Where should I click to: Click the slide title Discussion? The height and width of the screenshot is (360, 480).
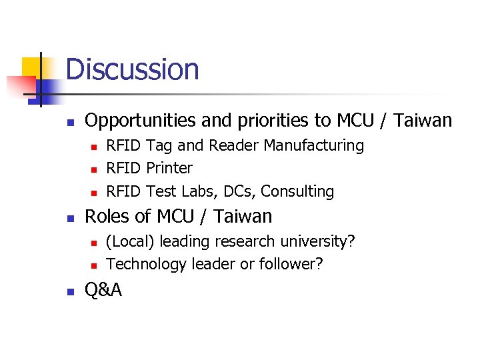(132, 69)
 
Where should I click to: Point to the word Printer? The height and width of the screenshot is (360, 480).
(169, 168)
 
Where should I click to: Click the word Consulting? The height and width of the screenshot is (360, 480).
(297, 191)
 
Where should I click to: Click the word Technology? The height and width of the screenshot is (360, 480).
(146, 264)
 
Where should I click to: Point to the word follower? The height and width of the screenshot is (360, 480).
(291, 264)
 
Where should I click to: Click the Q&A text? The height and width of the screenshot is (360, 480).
(103, 291)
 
